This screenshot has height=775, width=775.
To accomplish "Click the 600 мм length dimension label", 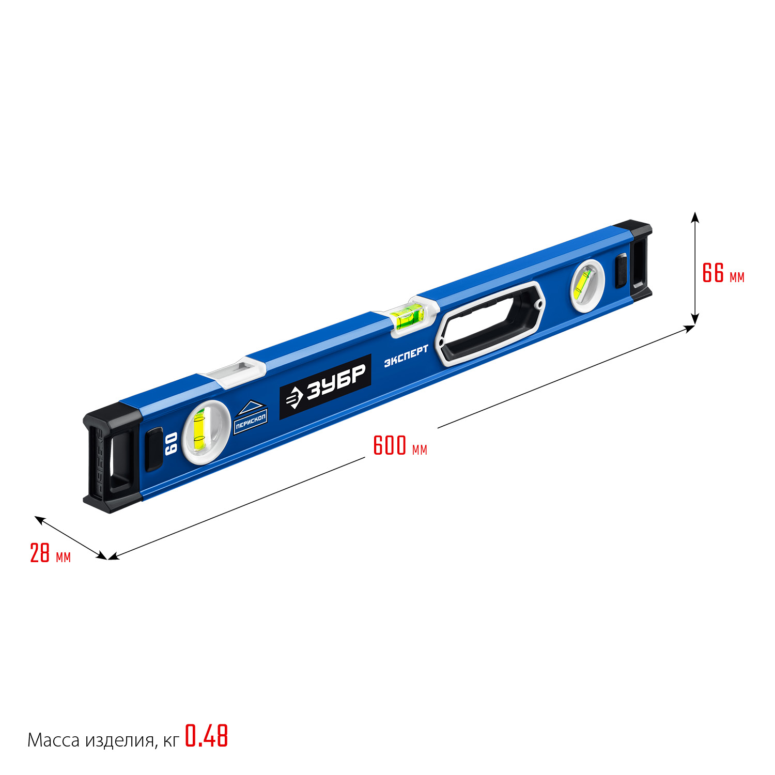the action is [400, 445].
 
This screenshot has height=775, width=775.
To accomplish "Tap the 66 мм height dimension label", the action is [723, 273].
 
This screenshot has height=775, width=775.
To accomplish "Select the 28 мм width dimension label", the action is [50, 553].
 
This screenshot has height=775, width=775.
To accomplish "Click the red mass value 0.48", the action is [206, 736].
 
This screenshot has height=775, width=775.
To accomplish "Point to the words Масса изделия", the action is [91, 740].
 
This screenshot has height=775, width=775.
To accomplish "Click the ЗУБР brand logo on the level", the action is [326, 386].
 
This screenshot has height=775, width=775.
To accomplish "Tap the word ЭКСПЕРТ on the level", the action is [406, 356].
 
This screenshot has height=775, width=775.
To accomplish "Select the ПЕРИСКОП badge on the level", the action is [251, 417].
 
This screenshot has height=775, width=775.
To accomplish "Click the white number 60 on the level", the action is [171, 444].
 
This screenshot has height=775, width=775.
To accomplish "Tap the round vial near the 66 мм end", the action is [587, 286].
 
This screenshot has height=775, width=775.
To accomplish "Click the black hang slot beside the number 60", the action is [153, 449].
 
